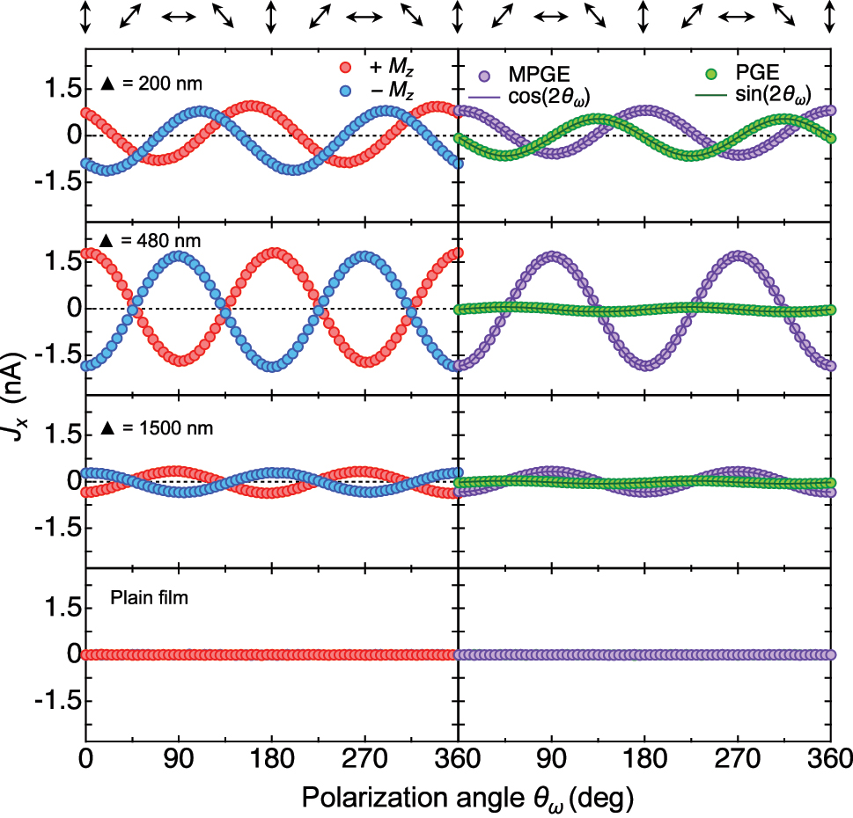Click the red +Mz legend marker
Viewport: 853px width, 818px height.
(345, 68)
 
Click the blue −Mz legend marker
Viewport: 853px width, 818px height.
(345, 91)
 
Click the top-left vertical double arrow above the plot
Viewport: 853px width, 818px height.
(85, 17)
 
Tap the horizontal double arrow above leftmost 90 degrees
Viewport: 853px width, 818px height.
(179, 17)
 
